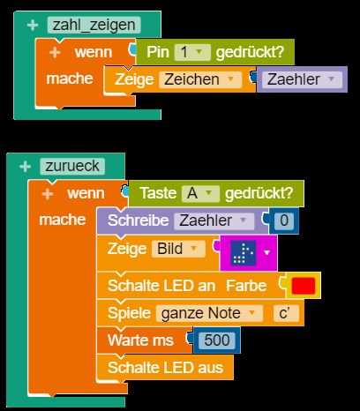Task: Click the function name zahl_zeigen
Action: coord(94,25)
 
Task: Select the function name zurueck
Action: coord(72,166)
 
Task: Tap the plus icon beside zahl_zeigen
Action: coord(33,26)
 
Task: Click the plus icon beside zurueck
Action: coord(25,167)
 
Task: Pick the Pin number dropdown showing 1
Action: coord(192,52)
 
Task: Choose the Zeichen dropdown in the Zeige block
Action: coord(200,79)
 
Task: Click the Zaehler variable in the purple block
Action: coord(302,79)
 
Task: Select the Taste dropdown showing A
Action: coord(200,193)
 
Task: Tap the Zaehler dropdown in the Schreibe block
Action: coord(214,220)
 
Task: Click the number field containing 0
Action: coord(284,220)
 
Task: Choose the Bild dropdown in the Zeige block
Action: coord(178,249)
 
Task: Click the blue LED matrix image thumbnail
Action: coord(244,252)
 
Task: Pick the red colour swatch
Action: coord(304,286)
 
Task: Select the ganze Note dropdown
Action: coord(209,313)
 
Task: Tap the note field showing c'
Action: coord(286,313)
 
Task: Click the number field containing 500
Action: coord(217,340)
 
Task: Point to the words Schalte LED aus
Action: coord(165,368)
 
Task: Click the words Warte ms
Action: coord(140,340)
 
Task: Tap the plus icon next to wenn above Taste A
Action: coord(48,194)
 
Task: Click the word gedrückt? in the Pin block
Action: coord(250,52)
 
